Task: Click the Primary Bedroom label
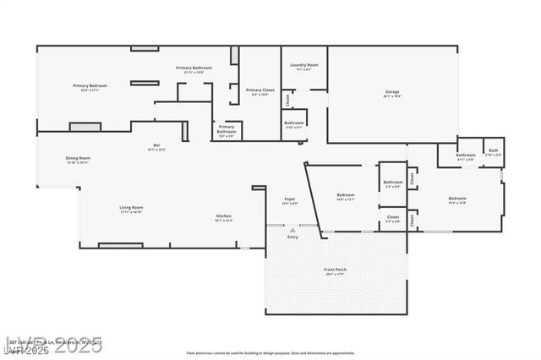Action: tap(89, 85)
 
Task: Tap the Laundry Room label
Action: tap(303, 65)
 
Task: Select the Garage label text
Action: tap(391, 91)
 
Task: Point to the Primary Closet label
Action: tap(260, 90)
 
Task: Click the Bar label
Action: tap(156, 145)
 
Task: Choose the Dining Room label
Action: tap(78, 158)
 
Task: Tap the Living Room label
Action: tap(130, 207)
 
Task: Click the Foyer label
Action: tap(289, 199)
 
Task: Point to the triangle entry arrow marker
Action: tap(292, 229)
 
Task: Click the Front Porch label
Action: tap(335, 270)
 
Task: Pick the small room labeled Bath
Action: tap(493, 152)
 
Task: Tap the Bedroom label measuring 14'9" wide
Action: tap(345, 195)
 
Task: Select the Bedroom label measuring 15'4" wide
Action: tap(456, 199)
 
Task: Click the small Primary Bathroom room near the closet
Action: tap(227, 130)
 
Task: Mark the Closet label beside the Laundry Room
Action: tap(287, 100)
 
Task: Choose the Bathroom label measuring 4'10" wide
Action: tap(293, 123)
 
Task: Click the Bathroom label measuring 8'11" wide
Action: tap(466, 155)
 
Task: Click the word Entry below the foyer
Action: tap(292, 237)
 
